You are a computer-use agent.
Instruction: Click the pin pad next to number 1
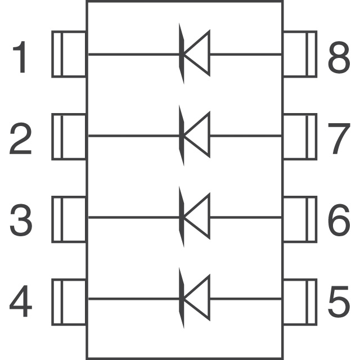(x=69, y=55)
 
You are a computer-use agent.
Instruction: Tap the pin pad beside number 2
(x=69, y=136)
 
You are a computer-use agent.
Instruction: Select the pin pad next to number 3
(x=69, y=218)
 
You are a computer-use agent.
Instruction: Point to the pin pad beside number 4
(x=69, y=300)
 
